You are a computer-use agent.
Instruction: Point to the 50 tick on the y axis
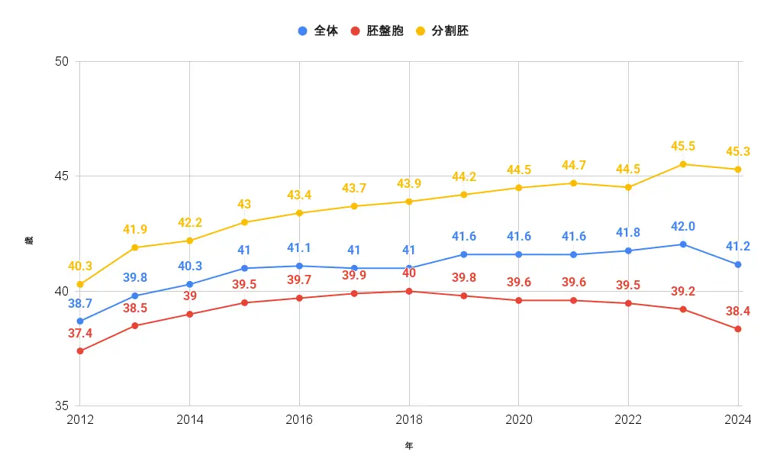[x=63, y=62]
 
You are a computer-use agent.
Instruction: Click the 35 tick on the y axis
[x=63, y=406]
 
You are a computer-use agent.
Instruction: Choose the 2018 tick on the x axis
[x=409, y=420]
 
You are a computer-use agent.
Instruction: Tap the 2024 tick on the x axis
[x=738, y=420]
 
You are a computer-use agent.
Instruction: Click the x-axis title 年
[x=409, y=446]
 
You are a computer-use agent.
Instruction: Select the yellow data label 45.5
[x=683, y=146]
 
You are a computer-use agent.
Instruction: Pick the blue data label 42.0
[x=683, y=226]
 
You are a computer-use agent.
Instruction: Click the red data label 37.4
[x=80, y=334]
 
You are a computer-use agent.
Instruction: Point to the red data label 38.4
[x=738, y=311]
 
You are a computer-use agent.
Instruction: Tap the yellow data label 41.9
[x=135, y=229]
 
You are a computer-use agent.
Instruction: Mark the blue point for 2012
[x=80, y=321]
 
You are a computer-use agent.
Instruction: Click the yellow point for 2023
[x=683, y=164]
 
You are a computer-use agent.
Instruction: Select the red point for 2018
[x=409, y=291]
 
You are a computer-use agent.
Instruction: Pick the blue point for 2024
[x=738, y=264]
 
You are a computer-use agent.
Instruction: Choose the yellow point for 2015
[x=244, y=222]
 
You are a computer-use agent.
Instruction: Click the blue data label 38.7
[x=80, y=303]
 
